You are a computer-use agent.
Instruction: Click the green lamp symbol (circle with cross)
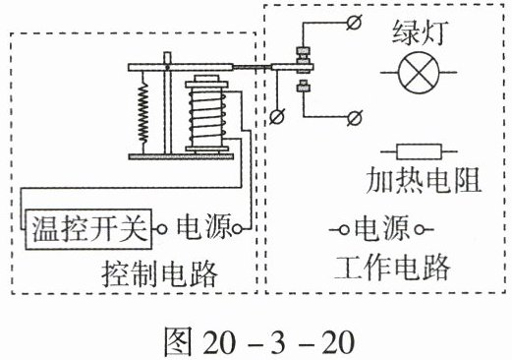click(x=419, y=73)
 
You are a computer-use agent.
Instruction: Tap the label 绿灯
click(x=419, y=32)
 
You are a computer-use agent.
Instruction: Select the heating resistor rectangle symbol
click(x=419, y=151)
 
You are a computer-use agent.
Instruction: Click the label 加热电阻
click(x=424, y=180)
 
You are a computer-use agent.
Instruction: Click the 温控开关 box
click(x=88, y=229)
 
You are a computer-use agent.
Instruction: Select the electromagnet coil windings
click(x=207, y=115)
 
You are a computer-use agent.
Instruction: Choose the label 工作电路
click(x=392, y=268)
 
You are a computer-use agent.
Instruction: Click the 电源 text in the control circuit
click(x=204, y=226)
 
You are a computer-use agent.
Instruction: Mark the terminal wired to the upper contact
click(x=354, y=23)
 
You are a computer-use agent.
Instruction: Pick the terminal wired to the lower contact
click(x=355, y=117)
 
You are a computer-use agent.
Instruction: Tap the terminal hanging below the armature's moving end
click(x=277, y=117)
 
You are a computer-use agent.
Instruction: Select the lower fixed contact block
click(x=304, y=87)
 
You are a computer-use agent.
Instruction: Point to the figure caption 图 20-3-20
click(x=259, y=342)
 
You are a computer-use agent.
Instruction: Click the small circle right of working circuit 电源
click(x=420, y=229)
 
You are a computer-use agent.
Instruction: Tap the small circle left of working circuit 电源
click(x=344, y=230)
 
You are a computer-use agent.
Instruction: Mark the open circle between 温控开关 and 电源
click(x=161, y=229)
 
